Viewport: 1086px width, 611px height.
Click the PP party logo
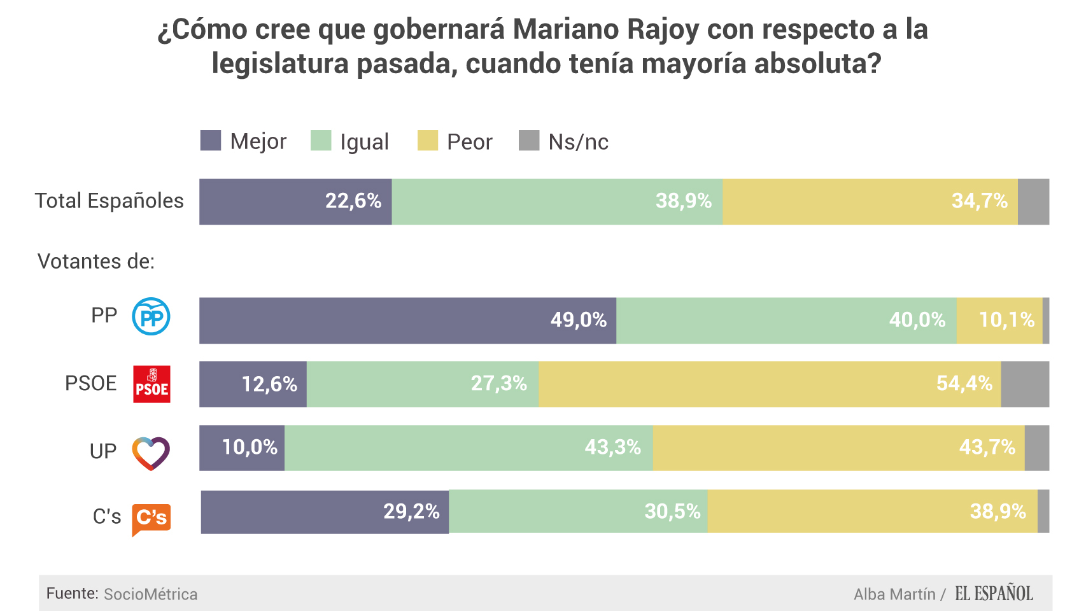click(x=151, y=316)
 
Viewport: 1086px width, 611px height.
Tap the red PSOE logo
click(x=152, y=384)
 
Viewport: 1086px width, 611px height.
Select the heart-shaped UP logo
click(x=151, y=453)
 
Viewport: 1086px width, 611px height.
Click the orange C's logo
click(x=152, y=518)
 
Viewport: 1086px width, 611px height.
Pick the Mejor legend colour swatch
click(x=211, y=141)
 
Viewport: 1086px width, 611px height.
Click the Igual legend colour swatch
click(x=321, y=141)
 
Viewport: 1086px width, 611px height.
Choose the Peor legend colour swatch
click(x=428, y=141)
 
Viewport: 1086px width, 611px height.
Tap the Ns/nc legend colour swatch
click(x=529, y=141)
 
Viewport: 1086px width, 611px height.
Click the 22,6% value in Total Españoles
click(x=353, y=201)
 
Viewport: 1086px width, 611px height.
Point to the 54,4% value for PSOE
click(x=964, y=383)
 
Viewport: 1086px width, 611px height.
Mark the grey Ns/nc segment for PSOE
click(x=1025, y=384)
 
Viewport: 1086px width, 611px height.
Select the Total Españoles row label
click(x=109, y=201)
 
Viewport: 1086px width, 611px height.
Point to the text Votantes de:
click(x=96, y=262)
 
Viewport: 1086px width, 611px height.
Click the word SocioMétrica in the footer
click(x=150, y=594)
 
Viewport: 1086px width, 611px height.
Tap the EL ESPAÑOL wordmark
click(x=994, y=594)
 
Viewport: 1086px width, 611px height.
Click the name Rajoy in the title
click(x=663, y=30)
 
